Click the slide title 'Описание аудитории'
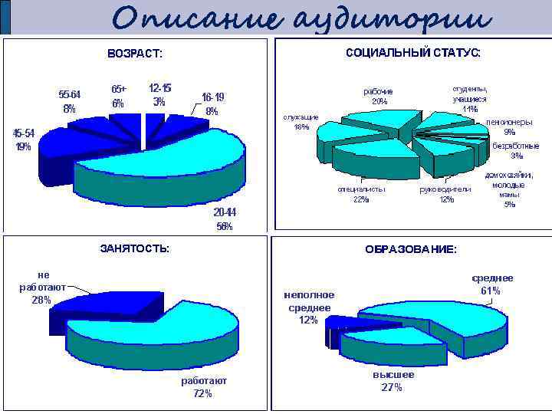tap(301, 18)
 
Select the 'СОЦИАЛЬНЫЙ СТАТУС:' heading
tap(413, 53)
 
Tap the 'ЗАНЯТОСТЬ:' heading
tap(136, 248)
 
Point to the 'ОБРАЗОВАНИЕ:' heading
tap(411, 250)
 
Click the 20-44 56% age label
tap(225, 219)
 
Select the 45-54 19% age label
tap(23, 140)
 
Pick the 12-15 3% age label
tap(159, 96)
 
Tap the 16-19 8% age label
tap(212, 104)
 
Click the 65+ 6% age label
tap(118, 97)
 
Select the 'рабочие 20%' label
tap(379, 97)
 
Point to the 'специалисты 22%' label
tap(361, 195)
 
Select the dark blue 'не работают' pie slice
tap(92, 307)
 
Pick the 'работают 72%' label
tap(203, 387)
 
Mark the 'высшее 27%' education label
tap(393, 381)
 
